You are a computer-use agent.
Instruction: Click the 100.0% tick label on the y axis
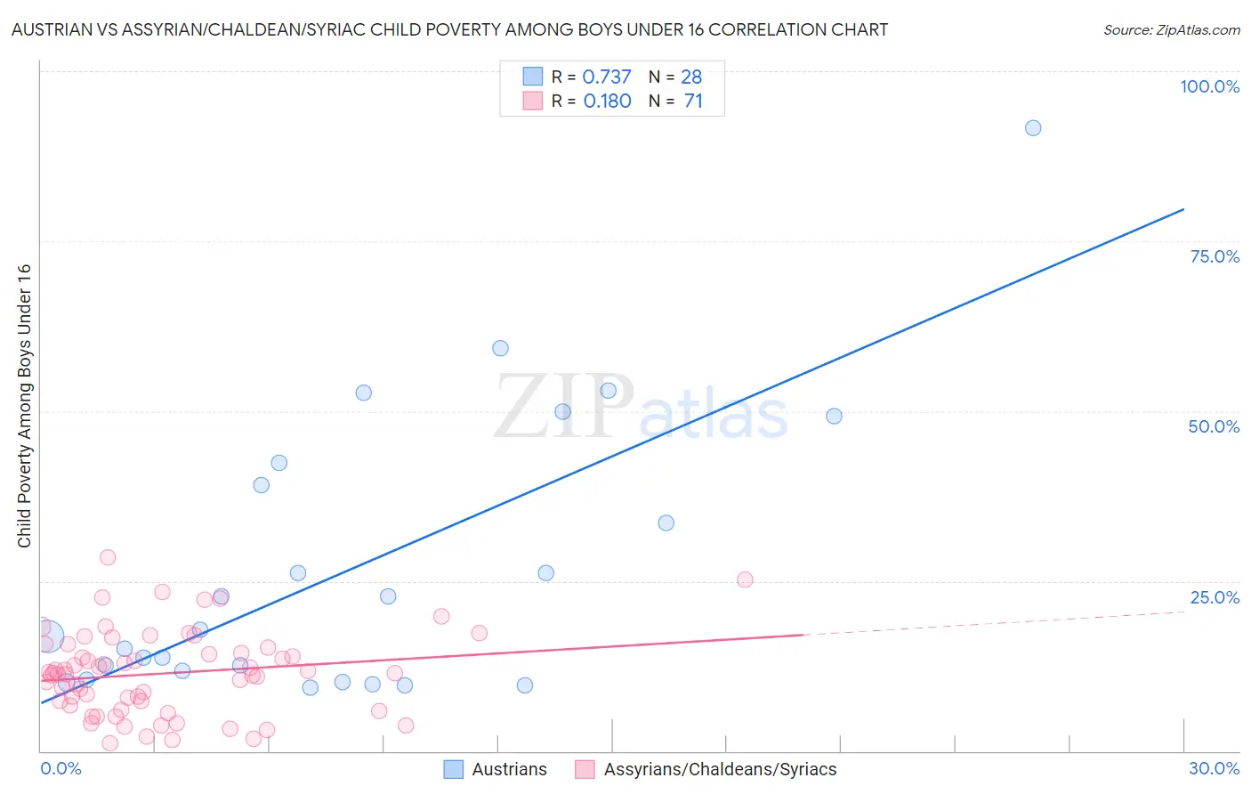1209,86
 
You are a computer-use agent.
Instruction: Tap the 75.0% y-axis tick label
1215,256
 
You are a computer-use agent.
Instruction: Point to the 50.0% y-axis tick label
1214,426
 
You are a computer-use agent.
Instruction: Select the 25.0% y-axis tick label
1215,597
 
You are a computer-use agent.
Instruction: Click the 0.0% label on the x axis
61,768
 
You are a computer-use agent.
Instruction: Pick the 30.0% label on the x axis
1214,768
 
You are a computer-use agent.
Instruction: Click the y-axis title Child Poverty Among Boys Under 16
24,406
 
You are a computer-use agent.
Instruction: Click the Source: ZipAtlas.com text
1171,29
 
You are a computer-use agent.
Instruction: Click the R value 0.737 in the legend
606,77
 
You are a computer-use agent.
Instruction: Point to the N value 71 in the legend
693,101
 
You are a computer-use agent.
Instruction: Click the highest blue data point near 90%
1033,128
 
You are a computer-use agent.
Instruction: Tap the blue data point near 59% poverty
500,348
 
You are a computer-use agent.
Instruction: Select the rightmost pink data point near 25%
745,579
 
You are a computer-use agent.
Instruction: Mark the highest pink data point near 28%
108,557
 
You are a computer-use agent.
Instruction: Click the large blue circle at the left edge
48,636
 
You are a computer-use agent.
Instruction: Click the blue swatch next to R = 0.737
532,77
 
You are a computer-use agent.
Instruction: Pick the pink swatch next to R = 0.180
532,101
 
